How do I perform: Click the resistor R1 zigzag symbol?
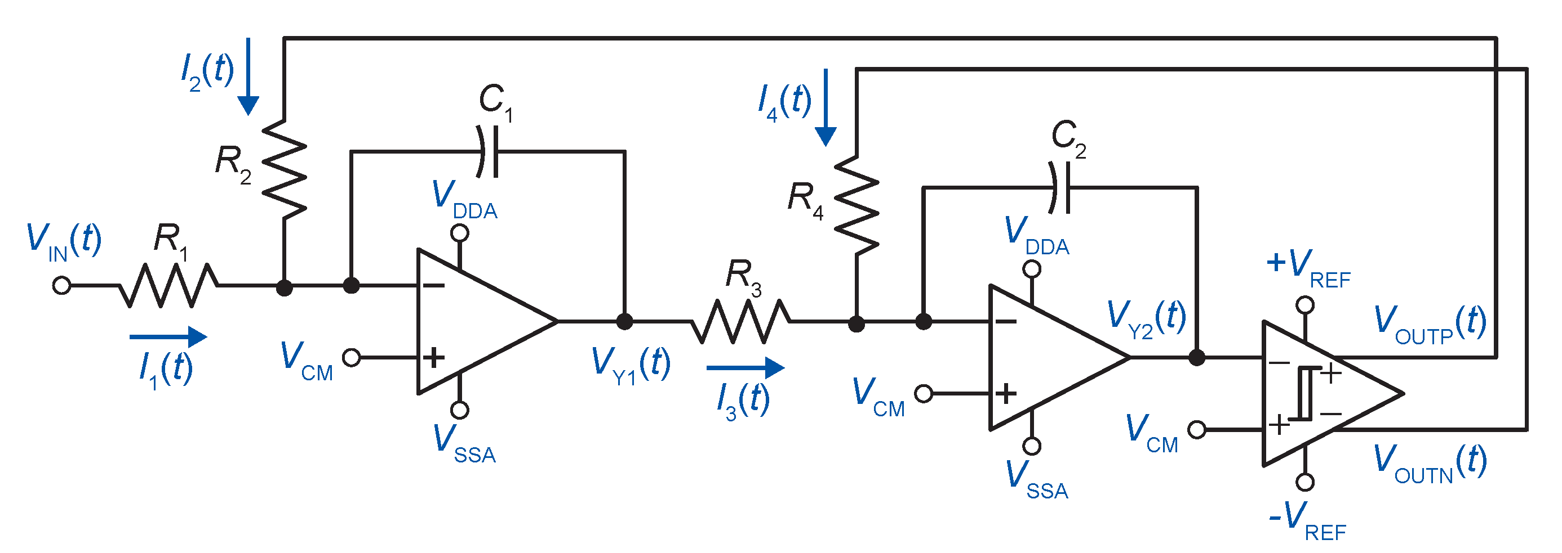click(x=168, y=285)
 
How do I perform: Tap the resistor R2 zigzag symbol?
click(x=284, y=169)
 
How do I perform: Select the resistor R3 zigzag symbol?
click(x=740, y=322)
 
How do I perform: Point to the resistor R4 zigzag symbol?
click(x=856, y=205)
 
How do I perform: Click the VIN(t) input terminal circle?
click(x=62, y=285)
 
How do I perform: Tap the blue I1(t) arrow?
click(x=168, y=337)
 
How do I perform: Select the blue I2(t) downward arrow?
click(x=248, y=77)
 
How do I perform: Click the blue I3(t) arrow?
click(x=745, y=367)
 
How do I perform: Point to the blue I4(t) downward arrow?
click(x=826, y=107)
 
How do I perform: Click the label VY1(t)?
click(x=631, y=365)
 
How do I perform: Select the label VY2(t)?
click(x=1146, y=318)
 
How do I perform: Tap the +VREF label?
click(x=1308, y=267)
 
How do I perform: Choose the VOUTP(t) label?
click(x=1430, y=323)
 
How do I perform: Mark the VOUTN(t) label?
click(x=1430, y=463)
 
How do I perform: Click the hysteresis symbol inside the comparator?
click(x=1304, y=393)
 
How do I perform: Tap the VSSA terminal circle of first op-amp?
click(x=460, y=410)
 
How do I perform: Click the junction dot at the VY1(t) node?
click(x=624, y=322)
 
